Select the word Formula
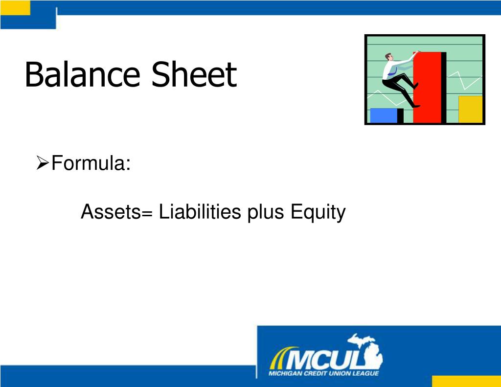point(91,163)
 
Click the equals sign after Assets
point(148,213)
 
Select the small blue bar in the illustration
point(384,115)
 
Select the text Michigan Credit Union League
point(323,374)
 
